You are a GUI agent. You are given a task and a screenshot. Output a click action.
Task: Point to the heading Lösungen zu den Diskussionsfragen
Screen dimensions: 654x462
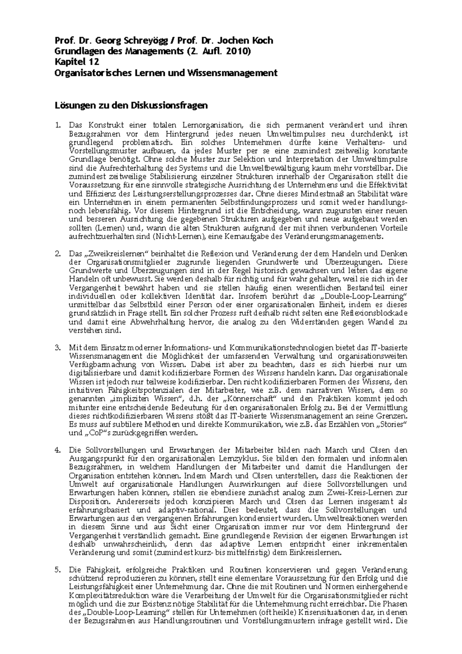tap(131, 105)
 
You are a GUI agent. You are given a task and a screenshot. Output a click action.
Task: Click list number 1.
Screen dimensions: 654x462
tap(58, 125)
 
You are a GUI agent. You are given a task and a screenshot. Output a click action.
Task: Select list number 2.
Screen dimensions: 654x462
tap(58, 254)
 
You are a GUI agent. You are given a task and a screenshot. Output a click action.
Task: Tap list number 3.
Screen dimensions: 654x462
tap(58, 348)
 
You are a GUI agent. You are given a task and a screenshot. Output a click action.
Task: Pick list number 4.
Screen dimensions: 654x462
tap(58, 450)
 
